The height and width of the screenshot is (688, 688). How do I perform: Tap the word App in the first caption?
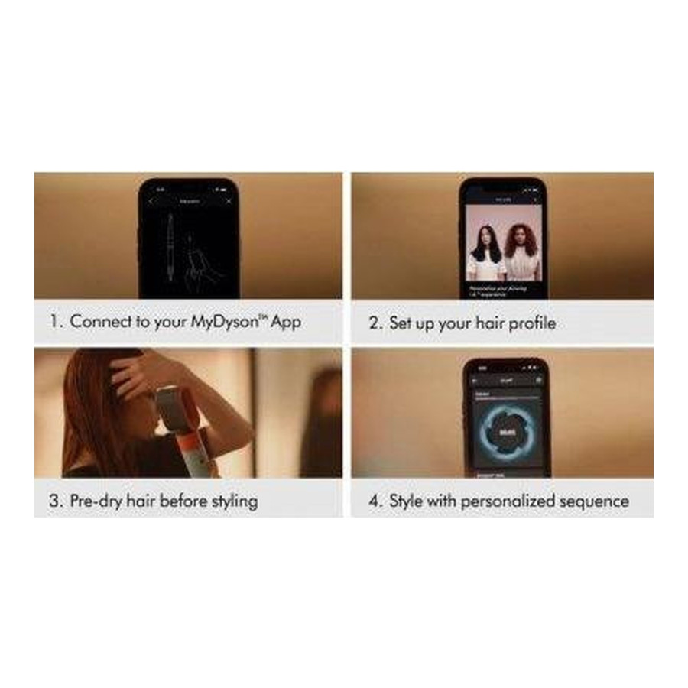point(284,321)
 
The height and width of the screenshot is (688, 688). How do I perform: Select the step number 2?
point(374,323)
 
